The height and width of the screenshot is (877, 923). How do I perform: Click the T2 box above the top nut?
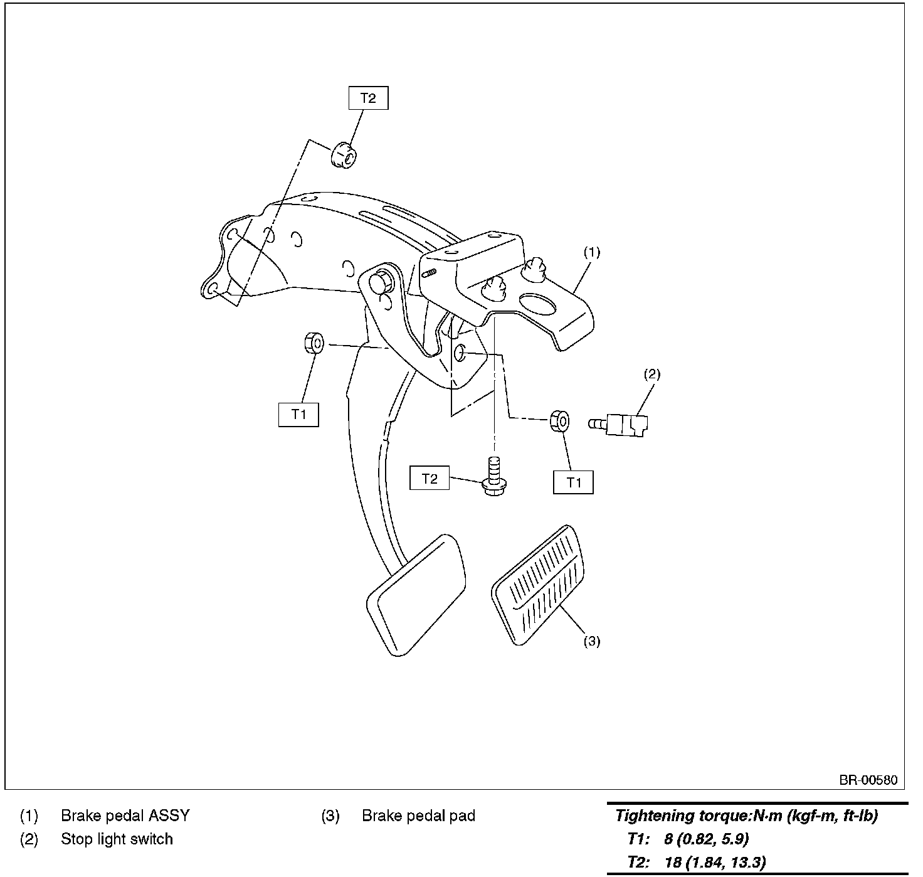pyautogui.click(x=368, y=98)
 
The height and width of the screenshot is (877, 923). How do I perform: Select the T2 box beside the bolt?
pyautogui.click(x=430, y=479)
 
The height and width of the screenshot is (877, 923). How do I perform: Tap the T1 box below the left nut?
pyautogui.click(x=298, y=415)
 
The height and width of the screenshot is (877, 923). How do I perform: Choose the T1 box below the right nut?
pyautogui.click(x=573, y=482)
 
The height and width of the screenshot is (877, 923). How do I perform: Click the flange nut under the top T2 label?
pyautogui.click(x=342, y=155)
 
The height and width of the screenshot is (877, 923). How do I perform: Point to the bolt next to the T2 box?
pyautogui.click(x=494, y=479)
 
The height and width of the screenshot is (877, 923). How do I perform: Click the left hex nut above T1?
pyautogui.click(x=313, y=343)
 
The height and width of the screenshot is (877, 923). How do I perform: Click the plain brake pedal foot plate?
pyautogui.click(x=416, y=593)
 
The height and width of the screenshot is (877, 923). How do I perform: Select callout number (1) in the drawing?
pyautogui.click(x=592, y=252)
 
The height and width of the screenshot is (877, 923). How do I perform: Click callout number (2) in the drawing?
pyautogui.click(x=651, y=375)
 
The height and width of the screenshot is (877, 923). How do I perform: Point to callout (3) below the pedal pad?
pyautogui.click(x=592, y=641)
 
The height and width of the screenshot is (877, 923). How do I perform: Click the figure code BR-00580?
pyautogui.click(x=868, y=780)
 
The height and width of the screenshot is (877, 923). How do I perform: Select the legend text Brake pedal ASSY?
pyautogui.click(x=125, y=816)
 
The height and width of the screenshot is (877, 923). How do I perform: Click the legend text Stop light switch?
pyautogui.click(x=117, y=839)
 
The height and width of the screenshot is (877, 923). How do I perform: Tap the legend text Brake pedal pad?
pyautogui.click(x=418, y=816)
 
